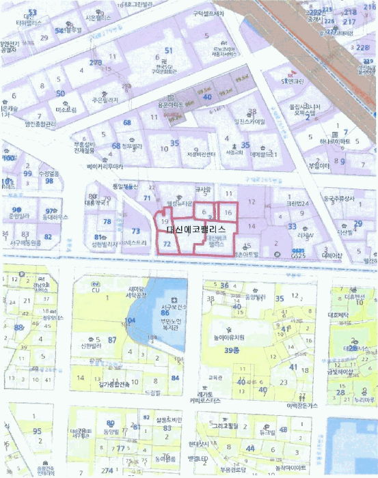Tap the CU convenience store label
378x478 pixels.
point(95,290)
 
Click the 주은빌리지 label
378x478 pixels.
point(105,100)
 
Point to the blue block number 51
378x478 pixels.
point(168,51)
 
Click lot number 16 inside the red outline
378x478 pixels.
point(228,213)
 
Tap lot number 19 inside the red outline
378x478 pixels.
point(163,222)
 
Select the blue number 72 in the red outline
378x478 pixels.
point(165,242)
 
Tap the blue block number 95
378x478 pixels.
point(37,432)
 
